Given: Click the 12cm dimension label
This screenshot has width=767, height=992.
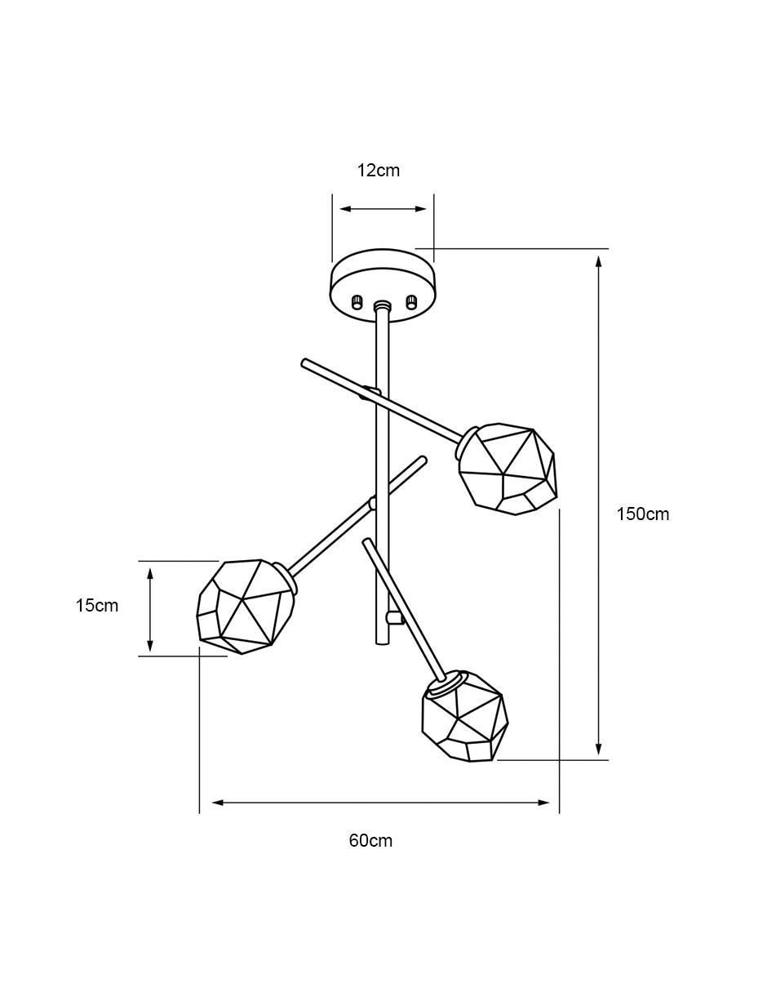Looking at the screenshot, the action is pyautogui.click(x=378, y=171).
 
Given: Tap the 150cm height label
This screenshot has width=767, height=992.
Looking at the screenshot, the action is pyautogui.click(x=642, y=514).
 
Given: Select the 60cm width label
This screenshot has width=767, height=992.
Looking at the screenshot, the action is pyautogui.click(x=370, y=841).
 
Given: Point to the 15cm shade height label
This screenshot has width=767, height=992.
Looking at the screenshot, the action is pyautogui.click(x=96, y=606).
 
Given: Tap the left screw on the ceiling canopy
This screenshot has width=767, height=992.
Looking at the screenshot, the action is pyautogui.click(x=356, y=301).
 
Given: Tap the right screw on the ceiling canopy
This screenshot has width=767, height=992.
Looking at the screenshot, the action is pyautogui.click(x=411, y=301).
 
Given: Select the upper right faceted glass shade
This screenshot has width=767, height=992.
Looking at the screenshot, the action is pyautogui.click(x=507, y=469).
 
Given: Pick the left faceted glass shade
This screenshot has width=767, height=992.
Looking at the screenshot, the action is pyautogui.click(x=246, y=607).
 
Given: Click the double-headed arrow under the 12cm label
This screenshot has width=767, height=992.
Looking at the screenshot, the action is pyautogui.click(x=383, y=209).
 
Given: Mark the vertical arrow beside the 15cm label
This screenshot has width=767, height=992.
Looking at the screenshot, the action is pyautogui.click(x=150, y=609).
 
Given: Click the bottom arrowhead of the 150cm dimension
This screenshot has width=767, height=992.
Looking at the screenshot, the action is pyautogui.click(x=599, y=749).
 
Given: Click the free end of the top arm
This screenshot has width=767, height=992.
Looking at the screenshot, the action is pyautogui.click(x=304, y=363).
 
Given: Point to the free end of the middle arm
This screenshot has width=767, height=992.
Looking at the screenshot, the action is pyautogui.click(x=423, y=460).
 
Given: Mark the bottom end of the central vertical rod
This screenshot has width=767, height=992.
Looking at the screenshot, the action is pyautogui.click(x=382, y=643).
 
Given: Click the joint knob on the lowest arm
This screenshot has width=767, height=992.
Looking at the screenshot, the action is pyautogui.click(x=394, y=618).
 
